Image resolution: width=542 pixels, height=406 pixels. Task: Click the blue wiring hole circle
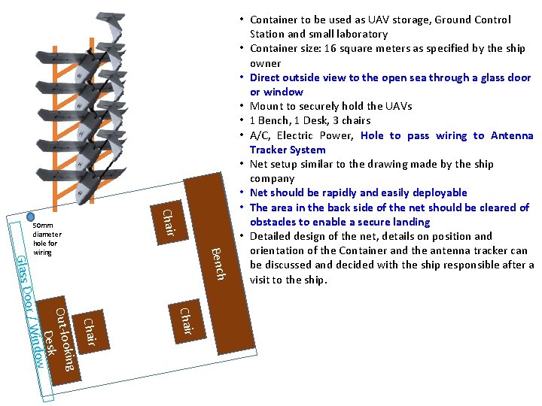(x=30, y=217)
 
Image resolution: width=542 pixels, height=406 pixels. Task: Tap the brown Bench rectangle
(x=220, y=263)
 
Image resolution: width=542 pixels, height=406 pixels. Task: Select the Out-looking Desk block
(x=59, y=341)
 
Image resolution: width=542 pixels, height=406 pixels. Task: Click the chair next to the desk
(x=91, y=332)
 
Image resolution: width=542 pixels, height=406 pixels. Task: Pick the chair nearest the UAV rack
(x=169, y=223)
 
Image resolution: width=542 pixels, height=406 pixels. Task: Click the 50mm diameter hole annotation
(x=47, y=239)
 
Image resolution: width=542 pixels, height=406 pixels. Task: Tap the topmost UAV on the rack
(x=111, y=26)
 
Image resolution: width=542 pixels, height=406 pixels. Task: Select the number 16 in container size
(x=330, y=48)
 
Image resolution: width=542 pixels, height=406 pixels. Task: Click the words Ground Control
(x=473, y=20)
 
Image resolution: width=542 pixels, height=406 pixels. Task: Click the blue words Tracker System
(x=288, y=150)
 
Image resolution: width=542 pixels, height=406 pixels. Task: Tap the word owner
(x=266, y=63)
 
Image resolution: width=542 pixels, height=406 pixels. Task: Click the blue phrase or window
(x=276, y=92)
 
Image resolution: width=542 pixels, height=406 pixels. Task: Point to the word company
(x=273, y=179)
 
